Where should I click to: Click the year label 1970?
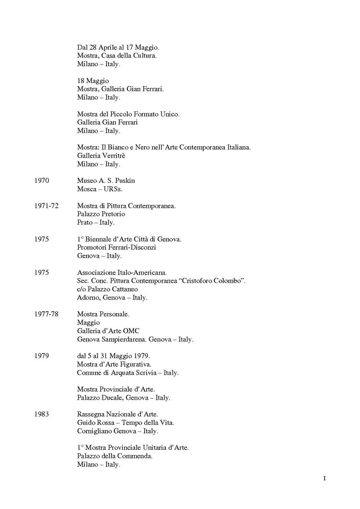42,181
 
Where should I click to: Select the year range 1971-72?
47,206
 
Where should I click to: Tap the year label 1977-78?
47,314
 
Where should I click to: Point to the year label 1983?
42,415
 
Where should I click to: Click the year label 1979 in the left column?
42,356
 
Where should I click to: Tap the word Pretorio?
112,214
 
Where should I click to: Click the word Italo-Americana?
143,272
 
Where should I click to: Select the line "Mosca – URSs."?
99,189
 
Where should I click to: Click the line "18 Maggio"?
93,81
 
